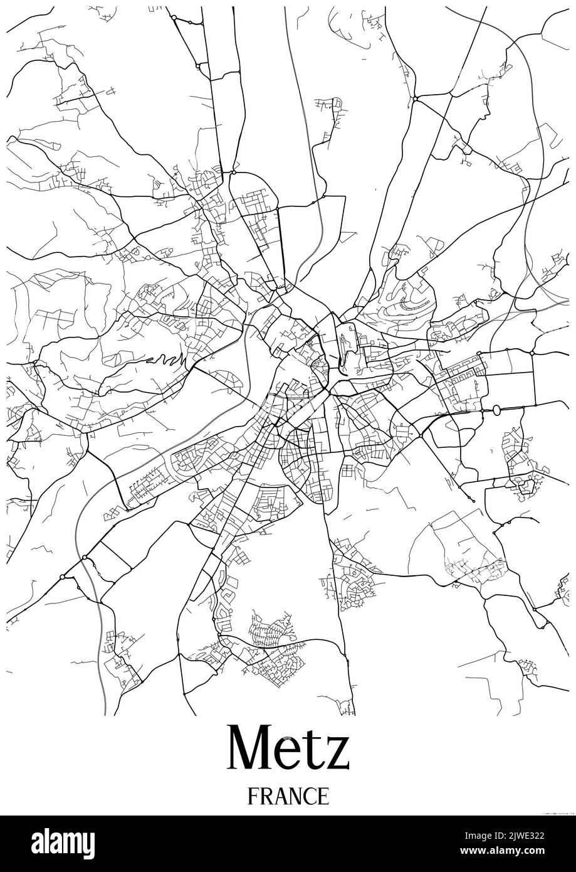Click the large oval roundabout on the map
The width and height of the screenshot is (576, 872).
click(497, 410)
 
